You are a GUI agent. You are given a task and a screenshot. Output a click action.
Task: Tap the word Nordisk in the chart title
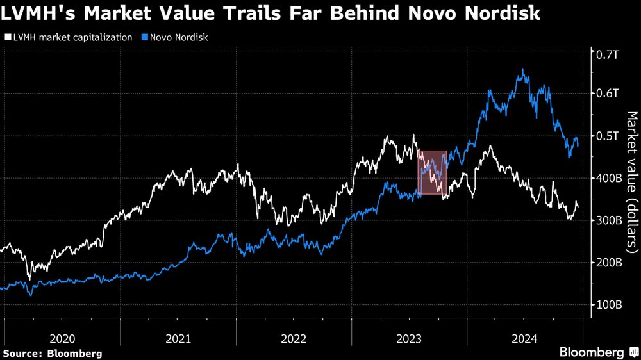[x=499, y=14]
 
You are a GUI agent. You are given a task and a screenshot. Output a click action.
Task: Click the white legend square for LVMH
[x=7, y=37]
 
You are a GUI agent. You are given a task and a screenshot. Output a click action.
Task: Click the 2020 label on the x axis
[x=62, y=338]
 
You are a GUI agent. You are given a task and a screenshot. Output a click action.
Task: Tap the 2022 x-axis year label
[x=294, y=338]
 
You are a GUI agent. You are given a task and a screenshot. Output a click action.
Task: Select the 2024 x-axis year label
[x=524, y=338]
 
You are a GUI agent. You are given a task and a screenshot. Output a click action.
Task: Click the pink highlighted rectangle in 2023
[x=432, y=172]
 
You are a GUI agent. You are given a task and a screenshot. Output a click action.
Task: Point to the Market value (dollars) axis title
[x=631, y=180]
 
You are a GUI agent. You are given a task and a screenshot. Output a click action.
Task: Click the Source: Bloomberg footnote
[x=52, y=353]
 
